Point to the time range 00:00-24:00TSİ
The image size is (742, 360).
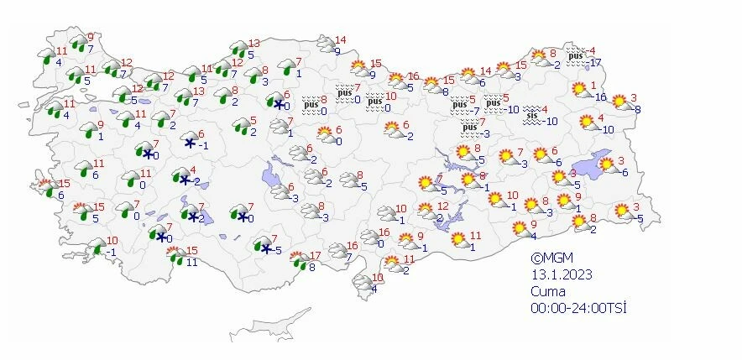pyautogui.click(x=578, y=308)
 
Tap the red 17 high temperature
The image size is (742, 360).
pyautogui.click(x=315, y=255)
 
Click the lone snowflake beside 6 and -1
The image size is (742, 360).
pyautogui.click(x=189, y=143)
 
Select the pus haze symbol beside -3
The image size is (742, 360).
pyautogui.click(x=470, y=128)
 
